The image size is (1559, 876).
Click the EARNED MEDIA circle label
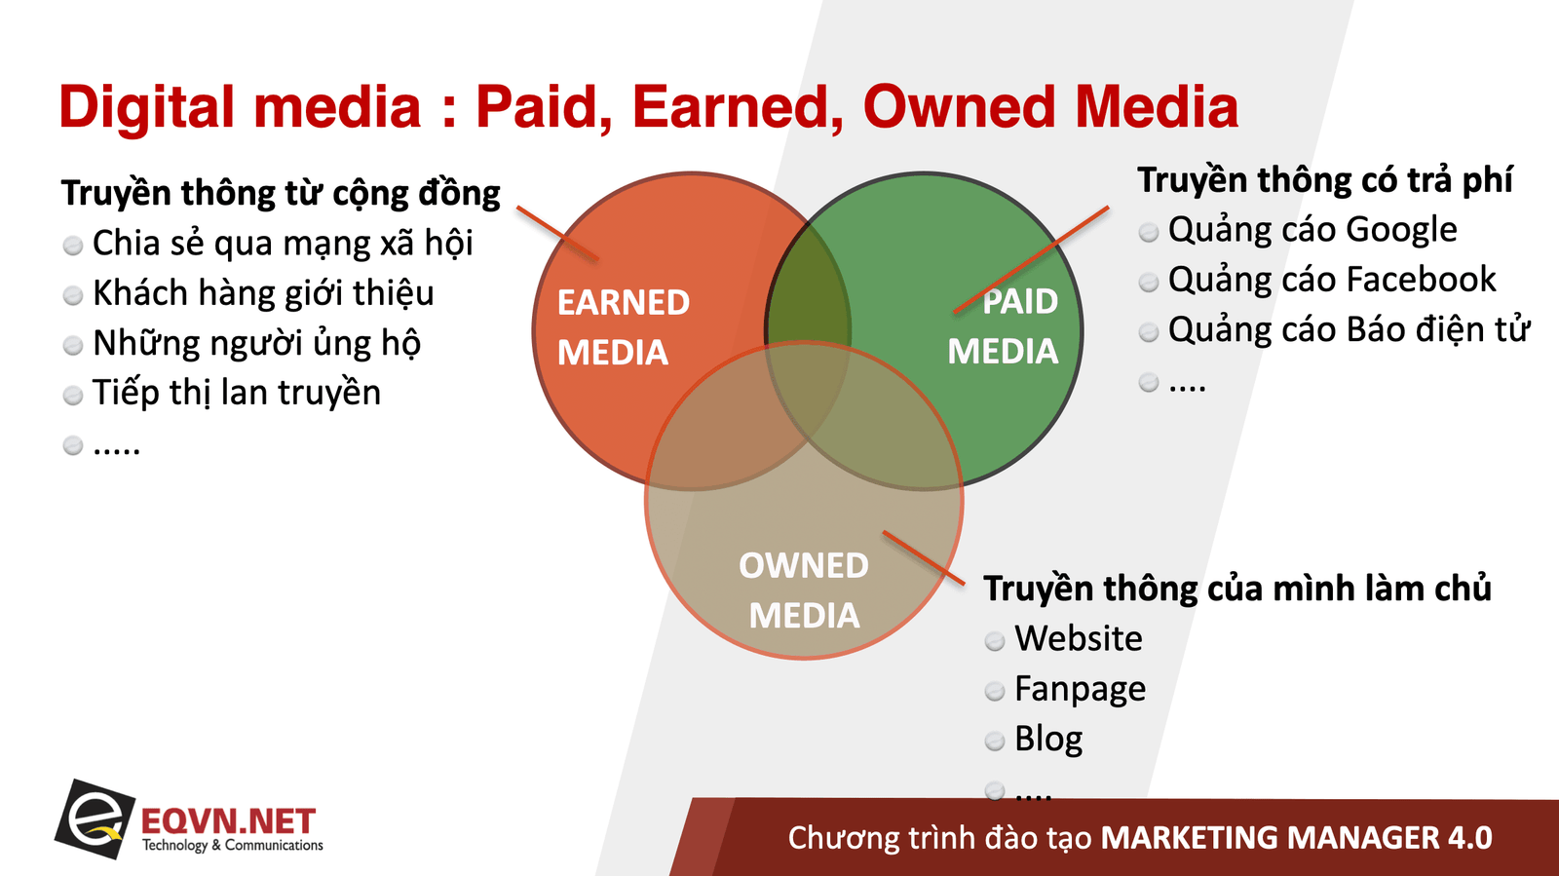tap(624, 327)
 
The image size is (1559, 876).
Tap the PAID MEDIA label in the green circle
tap(1003, 326)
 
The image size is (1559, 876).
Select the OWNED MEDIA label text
tap(804, 590)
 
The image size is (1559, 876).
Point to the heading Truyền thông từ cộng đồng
tap(281, 193)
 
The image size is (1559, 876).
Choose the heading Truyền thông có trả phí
tap(1325, 180)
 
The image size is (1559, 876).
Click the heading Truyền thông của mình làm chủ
tap(1237, 589)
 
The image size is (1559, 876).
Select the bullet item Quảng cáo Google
tap(1312, 230)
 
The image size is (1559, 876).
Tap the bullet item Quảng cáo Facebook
tap(1332, 280)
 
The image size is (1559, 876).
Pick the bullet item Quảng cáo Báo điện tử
tap(1349, 329)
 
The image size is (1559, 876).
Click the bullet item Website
tap(1078, 638)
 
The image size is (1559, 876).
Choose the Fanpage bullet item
tap(1081, 690)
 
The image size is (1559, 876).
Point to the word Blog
tap(1048, 739)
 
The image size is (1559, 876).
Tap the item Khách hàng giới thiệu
tap(263, 293)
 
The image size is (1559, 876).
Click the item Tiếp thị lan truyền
tap(237, 393)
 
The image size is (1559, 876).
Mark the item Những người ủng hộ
tap(257, 343)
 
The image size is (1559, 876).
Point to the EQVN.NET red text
tap(228, 821)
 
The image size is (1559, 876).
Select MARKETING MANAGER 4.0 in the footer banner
tap(1297, 838)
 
